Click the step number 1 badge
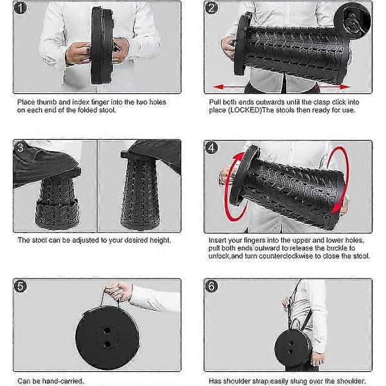tap(21, 8)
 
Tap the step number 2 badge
tap(212, 8)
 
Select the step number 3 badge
tap(21, 147)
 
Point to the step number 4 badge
tap(212, 148)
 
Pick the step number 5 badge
tap(21, 286)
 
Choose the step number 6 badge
tap(212, 286)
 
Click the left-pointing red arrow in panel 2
tap(230, 87)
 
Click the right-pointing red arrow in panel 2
tap(333, 87)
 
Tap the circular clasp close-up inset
tap(353, 20)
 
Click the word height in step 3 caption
tap(160, 240)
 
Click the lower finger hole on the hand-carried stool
tap(107, 344)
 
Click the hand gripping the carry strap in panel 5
tap(119, 291)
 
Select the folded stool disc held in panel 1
tap(103, 46)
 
